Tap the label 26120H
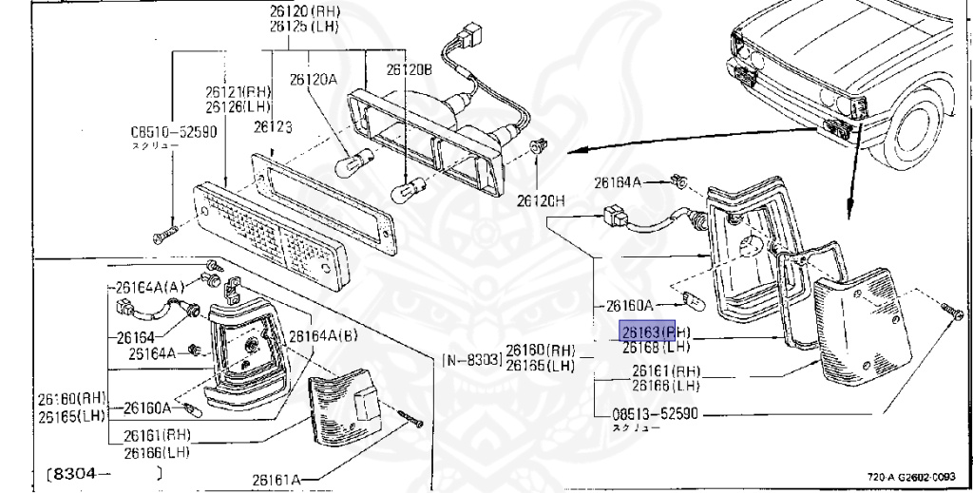point(540,201)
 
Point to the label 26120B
point(409,69)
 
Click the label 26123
point(272,126)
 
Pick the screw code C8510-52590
point(174,133)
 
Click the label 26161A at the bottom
point(276,481)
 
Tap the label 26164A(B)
point(324,334)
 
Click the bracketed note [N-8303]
point(471,359)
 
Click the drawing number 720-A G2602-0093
point(912,477)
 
